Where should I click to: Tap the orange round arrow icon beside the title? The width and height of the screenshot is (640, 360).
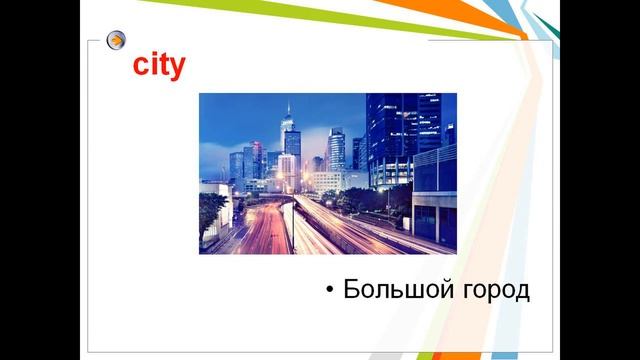(x=117, y=41)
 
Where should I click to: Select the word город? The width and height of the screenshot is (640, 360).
(x=490, y=291)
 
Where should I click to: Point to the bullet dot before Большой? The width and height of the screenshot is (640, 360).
(x=329, y=291)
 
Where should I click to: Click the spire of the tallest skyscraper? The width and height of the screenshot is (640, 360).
(x=288, y=106)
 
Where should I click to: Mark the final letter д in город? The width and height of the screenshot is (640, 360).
(x=520, y=292)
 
